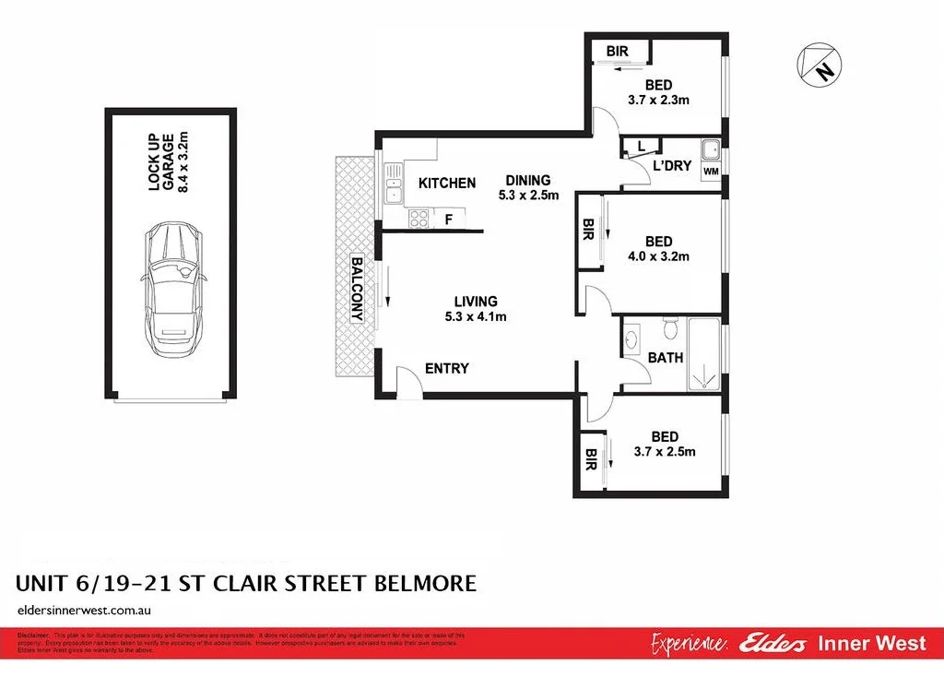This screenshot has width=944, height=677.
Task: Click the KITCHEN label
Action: [447, 184]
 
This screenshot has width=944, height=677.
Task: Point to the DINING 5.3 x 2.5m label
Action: [526, 187]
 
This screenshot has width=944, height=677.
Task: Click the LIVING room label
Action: [476, 308]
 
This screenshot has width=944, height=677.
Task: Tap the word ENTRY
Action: [447, 369]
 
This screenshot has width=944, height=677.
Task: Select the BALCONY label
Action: [359, 290]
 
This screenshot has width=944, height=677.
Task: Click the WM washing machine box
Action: [710, 172]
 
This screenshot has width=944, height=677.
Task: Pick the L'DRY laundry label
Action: [672, 166]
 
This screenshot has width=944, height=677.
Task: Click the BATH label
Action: [666, 357]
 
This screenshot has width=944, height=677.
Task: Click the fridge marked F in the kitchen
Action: [449, 220]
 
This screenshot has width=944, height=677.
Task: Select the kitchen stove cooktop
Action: [419, 219]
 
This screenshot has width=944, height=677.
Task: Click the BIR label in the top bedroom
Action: [618, 52]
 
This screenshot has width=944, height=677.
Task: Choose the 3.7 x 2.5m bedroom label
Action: [665, 445]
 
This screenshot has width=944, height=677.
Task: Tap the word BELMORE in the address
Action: [424, 583]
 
